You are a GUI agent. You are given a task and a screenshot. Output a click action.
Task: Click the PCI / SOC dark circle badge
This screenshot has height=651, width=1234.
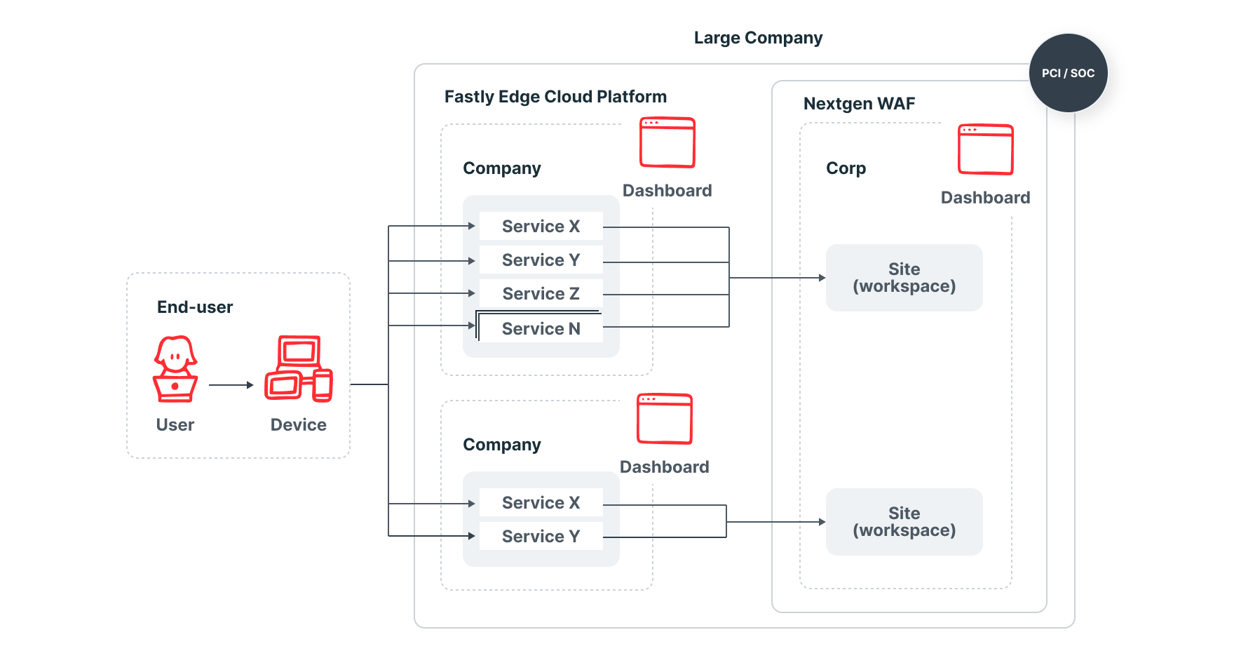click(x=1068, y=73)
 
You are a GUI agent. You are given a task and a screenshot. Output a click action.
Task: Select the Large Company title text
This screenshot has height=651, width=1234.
click(x=758, y=38)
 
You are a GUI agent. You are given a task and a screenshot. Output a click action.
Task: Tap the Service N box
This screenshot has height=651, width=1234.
click(x=541, y=328)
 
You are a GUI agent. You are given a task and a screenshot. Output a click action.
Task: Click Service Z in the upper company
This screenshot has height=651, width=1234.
click(x=541, y=293)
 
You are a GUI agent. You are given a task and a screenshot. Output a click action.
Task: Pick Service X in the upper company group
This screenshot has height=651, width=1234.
click(x=541, y=226)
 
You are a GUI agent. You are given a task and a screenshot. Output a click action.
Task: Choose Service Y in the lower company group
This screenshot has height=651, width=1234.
click(x=541, y=536)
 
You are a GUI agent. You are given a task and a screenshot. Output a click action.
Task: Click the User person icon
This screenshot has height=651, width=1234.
click(x=175, y=369)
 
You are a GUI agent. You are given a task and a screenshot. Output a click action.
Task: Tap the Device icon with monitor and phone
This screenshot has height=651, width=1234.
click(x=299, y=369)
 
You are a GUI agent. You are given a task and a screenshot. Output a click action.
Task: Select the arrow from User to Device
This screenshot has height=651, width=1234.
click(x=231, y=384)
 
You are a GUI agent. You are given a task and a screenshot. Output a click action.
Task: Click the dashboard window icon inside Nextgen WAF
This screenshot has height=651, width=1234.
click(x=985, y=149)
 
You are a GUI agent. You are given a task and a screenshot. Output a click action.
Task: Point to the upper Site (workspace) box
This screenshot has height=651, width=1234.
click(x=904, y=278)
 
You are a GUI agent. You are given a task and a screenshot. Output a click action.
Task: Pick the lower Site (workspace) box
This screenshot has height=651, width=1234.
click(x=904, y=522)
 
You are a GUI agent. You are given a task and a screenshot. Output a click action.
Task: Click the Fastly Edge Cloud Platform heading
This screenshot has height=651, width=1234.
click(x=555, y=97)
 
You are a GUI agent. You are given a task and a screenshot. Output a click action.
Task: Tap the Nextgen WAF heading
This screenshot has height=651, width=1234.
click(x=859, y=104)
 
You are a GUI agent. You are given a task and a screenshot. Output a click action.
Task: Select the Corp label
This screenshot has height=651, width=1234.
click(x=846, y=168)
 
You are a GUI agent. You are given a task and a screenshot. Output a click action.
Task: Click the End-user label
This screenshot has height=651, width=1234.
click(x=195, y=307)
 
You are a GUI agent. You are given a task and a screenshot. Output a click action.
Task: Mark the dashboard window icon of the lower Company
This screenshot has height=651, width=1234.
click(x=664, y=419)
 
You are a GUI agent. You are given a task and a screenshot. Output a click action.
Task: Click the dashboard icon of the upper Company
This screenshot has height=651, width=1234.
click(x=667, y=142)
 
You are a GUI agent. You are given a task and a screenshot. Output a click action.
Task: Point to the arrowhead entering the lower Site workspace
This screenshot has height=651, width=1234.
click(x=822, y=522)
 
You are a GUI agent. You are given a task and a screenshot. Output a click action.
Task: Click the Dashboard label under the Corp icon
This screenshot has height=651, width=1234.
click(x=985, y=198)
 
